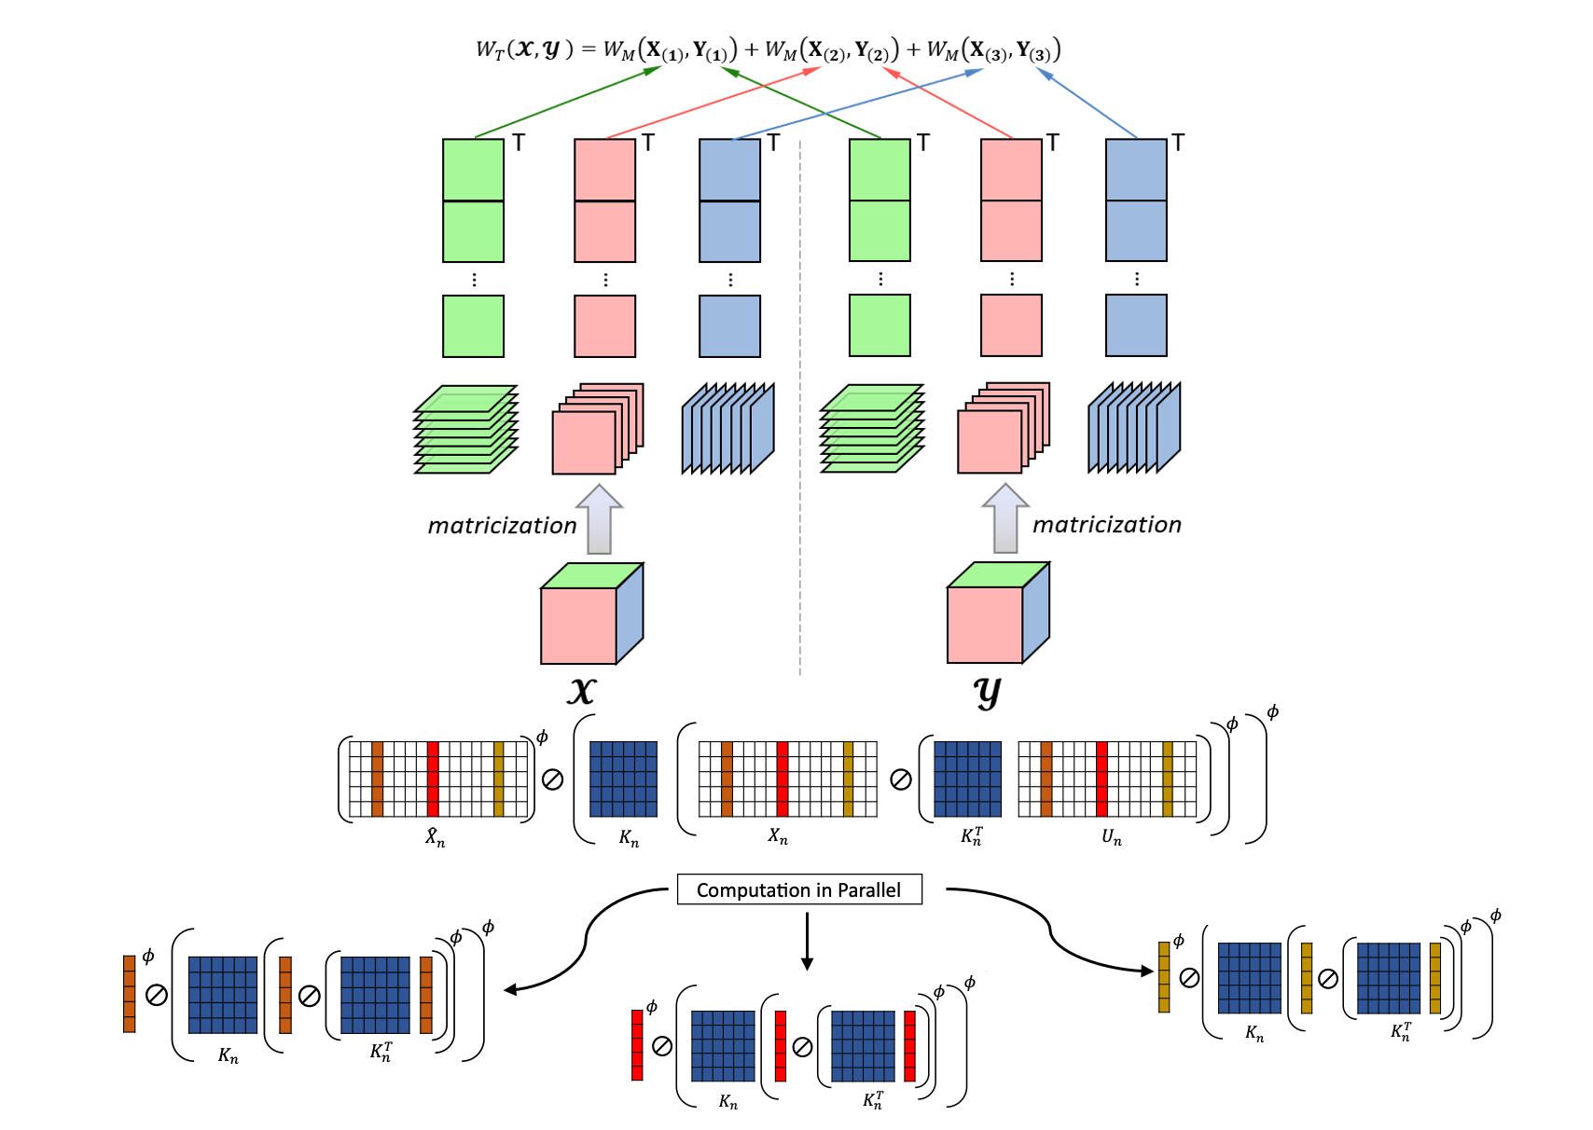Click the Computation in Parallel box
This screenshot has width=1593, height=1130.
point(798,889)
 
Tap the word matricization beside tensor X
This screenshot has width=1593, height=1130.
point(502,526)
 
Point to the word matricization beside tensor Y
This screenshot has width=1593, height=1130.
point(1106,525)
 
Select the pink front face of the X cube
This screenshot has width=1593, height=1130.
point(578,625)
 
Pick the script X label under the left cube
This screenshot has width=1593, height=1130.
point(582,691)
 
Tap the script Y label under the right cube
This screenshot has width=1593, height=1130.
point(986,692)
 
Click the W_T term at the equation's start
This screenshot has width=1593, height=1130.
point(491,50)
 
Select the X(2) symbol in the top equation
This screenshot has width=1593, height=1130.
point(827,50)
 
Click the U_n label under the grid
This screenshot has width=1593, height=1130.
point(1111,837)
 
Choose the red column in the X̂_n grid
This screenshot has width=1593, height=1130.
point(433,779)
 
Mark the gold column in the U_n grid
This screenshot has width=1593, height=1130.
point(1168,779)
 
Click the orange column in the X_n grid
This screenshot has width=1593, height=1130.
point(727,779)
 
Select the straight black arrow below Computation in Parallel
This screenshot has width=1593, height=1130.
point(807,942)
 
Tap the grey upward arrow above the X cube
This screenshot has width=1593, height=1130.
point(599,519)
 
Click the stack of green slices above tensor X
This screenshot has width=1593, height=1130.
point(465,430)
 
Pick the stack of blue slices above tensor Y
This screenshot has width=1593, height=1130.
point(1134,428)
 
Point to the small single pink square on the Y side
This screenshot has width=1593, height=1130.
point(1011,326)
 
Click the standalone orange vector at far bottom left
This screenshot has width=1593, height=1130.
point(130,994)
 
